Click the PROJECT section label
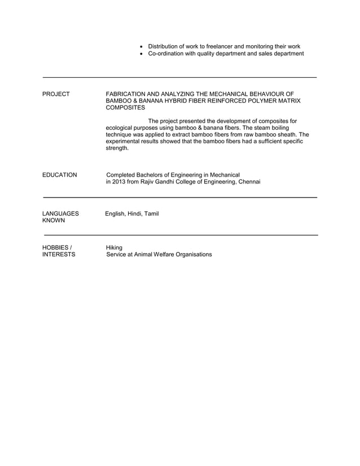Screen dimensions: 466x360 [56, 94]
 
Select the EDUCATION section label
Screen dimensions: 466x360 [60, 175]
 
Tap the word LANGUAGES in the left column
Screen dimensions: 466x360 [60, 214]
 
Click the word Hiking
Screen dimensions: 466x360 [115, 247]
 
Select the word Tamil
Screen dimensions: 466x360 [151, 214]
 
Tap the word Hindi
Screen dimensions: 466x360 [135, 214]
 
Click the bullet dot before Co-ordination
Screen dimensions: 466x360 [141, 54]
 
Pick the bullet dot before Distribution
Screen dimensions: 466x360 [141, 46]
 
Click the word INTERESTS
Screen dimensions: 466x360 [59, 254]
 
